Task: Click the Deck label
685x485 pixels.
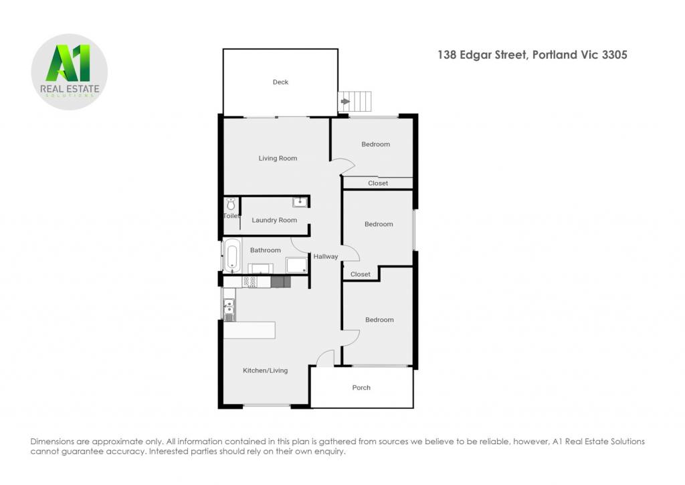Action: (x=280, y=82)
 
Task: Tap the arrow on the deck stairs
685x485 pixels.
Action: (x=345, y=102)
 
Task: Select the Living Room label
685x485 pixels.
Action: (x=278, y=158)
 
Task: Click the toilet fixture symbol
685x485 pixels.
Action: (x=231, y=204)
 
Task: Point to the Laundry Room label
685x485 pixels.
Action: (x=274, y=220)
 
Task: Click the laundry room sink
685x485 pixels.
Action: (x=300, y=202)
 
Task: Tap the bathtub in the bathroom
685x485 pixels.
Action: (x=231, y=256)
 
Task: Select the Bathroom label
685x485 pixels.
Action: (x=265, y=250)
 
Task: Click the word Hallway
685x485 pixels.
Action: (x=326, y=256)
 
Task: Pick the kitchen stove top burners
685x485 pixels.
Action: (x=250, y=282)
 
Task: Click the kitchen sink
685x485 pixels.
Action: (x=229, y=309)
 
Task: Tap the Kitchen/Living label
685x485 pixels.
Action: (x=265, y=371)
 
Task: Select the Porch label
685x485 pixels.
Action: (x=361, y=387)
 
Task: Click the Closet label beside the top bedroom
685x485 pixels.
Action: (x=378, y=183)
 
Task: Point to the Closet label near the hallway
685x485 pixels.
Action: (x=361, y=274)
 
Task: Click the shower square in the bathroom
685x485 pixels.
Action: (x=296, y=265)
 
